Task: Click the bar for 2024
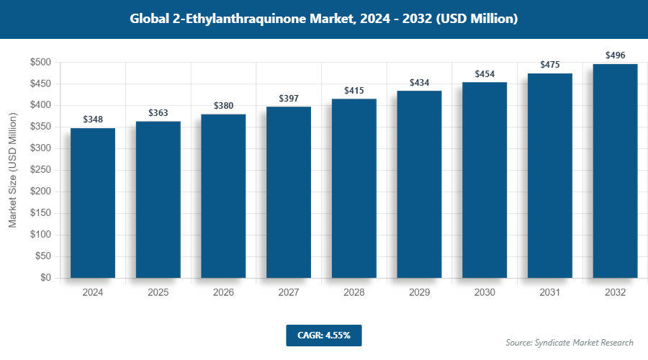coord(93,202)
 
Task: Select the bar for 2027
coord(289,192)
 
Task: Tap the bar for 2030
coord(485,179)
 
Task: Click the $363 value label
coord(158,113)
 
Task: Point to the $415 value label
coord(354,91)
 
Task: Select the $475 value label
coord(550,65)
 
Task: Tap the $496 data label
coord(615,55)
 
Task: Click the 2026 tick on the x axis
coord(223,293)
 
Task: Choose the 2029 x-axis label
coord(419,293)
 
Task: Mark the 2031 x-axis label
coord(550,293)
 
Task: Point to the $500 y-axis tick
coord(40,63)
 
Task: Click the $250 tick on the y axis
coord(40,170)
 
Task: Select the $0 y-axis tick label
coord(45,278)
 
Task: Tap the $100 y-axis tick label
coord(40,235)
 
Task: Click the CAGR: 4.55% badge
coord(323,336)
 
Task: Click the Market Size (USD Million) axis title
coord(12,170)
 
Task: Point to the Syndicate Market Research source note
coord(570,342)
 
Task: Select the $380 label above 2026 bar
coord(223,106)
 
